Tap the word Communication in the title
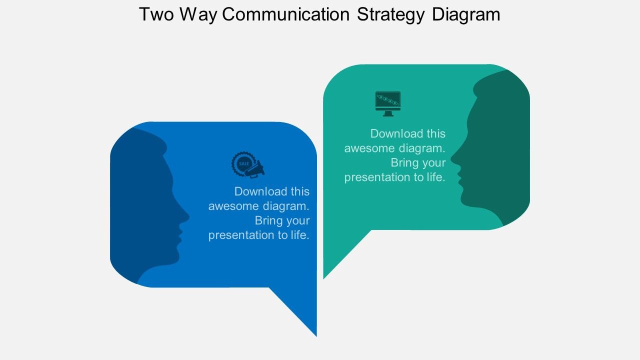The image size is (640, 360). coord(285,14)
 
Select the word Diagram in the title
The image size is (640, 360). coord(466,14)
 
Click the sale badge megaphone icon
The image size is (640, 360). coord(248,164)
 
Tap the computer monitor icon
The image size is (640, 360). coord(388,103)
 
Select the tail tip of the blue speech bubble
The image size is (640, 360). coord(316,335)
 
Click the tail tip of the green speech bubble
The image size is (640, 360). coord(324,277)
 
